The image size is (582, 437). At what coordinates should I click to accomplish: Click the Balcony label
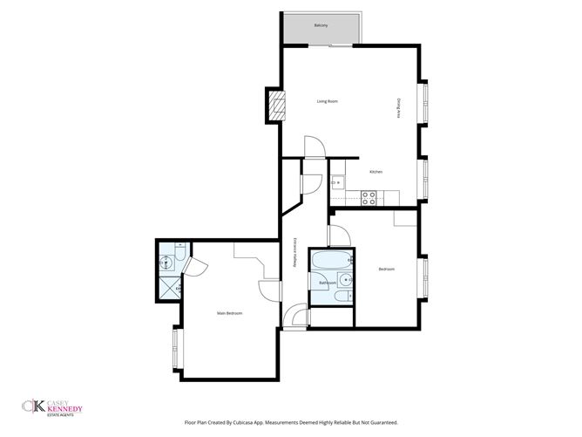[321, 25]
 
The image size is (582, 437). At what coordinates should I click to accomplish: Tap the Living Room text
[327, 101]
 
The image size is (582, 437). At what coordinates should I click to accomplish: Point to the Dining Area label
[399, 108]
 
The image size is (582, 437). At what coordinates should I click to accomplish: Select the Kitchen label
[376, 171]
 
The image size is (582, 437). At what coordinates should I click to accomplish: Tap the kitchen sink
[336, 182]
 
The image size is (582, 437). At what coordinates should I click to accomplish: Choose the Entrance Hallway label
[295, 253]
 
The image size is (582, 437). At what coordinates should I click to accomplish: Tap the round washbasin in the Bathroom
[346, 281]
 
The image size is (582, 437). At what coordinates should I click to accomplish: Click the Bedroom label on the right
[386, 269]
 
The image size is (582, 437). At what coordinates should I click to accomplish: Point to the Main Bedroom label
[229, 313]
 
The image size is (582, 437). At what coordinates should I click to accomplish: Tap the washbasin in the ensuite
[165, 263]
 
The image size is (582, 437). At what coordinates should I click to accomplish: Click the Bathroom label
[328, 283]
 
